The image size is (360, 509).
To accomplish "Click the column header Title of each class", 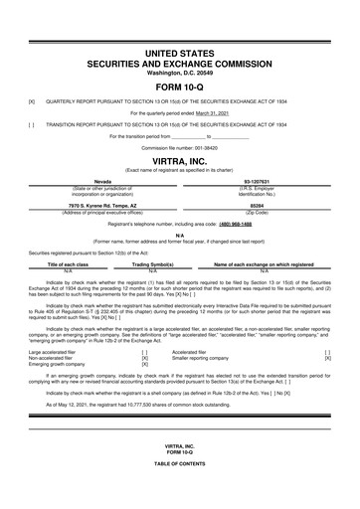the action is [83, 265].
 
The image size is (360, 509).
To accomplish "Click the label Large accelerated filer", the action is [57, 351].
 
